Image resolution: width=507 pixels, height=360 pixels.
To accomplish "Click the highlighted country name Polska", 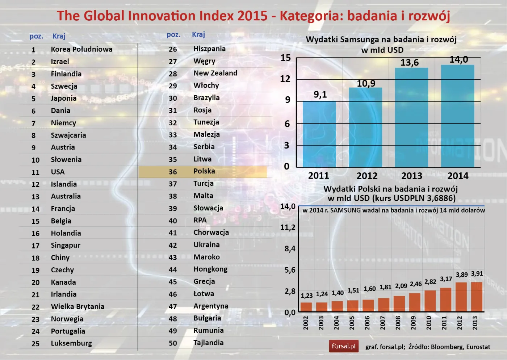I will tap(204, 171).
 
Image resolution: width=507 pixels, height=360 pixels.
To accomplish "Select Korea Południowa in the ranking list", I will tap(81, 49).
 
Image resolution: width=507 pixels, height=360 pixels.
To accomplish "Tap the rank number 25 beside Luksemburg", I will tap(35, 344).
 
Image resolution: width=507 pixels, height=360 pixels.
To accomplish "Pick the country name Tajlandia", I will tap(208, 343).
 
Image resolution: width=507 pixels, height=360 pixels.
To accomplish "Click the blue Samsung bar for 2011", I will tap(319, 134).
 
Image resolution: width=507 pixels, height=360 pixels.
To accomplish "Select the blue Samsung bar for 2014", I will tap(457, 116).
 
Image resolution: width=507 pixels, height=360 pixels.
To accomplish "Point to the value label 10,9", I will tap(366, 84).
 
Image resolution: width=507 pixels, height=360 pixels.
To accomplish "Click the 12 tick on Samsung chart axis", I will tap(285, 79).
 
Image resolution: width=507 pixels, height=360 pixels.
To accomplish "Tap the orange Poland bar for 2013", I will tap(476, 297).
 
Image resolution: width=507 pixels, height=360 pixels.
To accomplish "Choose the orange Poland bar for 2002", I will tap(306, 307).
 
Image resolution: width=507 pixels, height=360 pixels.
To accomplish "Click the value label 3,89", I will tap(461, 275).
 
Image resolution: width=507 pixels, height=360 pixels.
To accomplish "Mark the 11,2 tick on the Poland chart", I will tap(288, 227).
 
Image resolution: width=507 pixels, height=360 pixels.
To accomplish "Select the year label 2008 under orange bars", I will tap(398, 322).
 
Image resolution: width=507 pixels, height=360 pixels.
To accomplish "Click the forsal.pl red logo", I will tap(343, 346).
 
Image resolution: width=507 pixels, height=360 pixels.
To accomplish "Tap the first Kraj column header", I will tap(59, 36).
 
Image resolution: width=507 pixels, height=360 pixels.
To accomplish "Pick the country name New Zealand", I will tap(215, 73).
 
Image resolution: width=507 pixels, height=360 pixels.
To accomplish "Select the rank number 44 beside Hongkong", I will tap(173, 270).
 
